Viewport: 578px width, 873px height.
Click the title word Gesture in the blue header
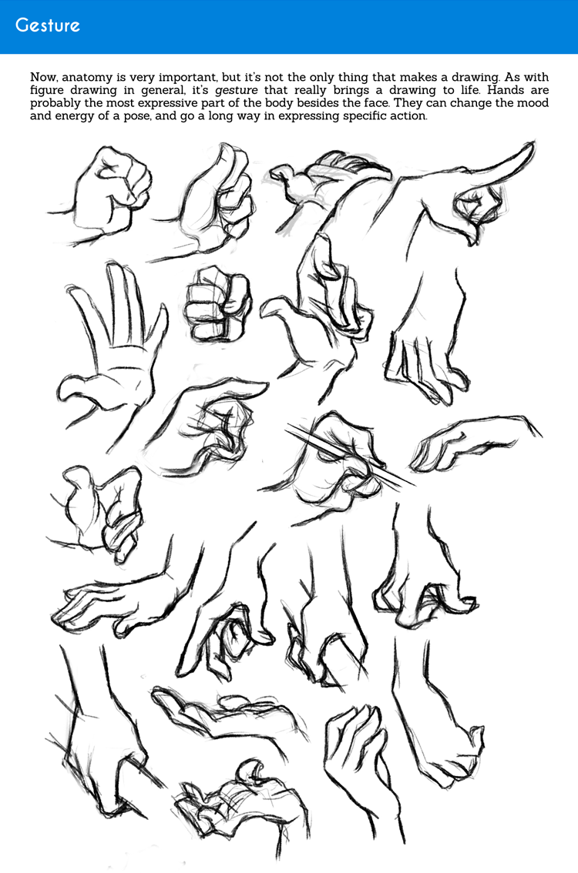point(47,25)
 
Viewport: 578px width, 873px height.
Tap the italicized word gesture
point(237,91)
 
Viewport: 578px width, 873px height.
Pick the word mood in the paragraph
point(533,103)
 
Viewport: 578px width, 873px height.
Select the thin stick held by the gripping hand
point(351,457)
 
